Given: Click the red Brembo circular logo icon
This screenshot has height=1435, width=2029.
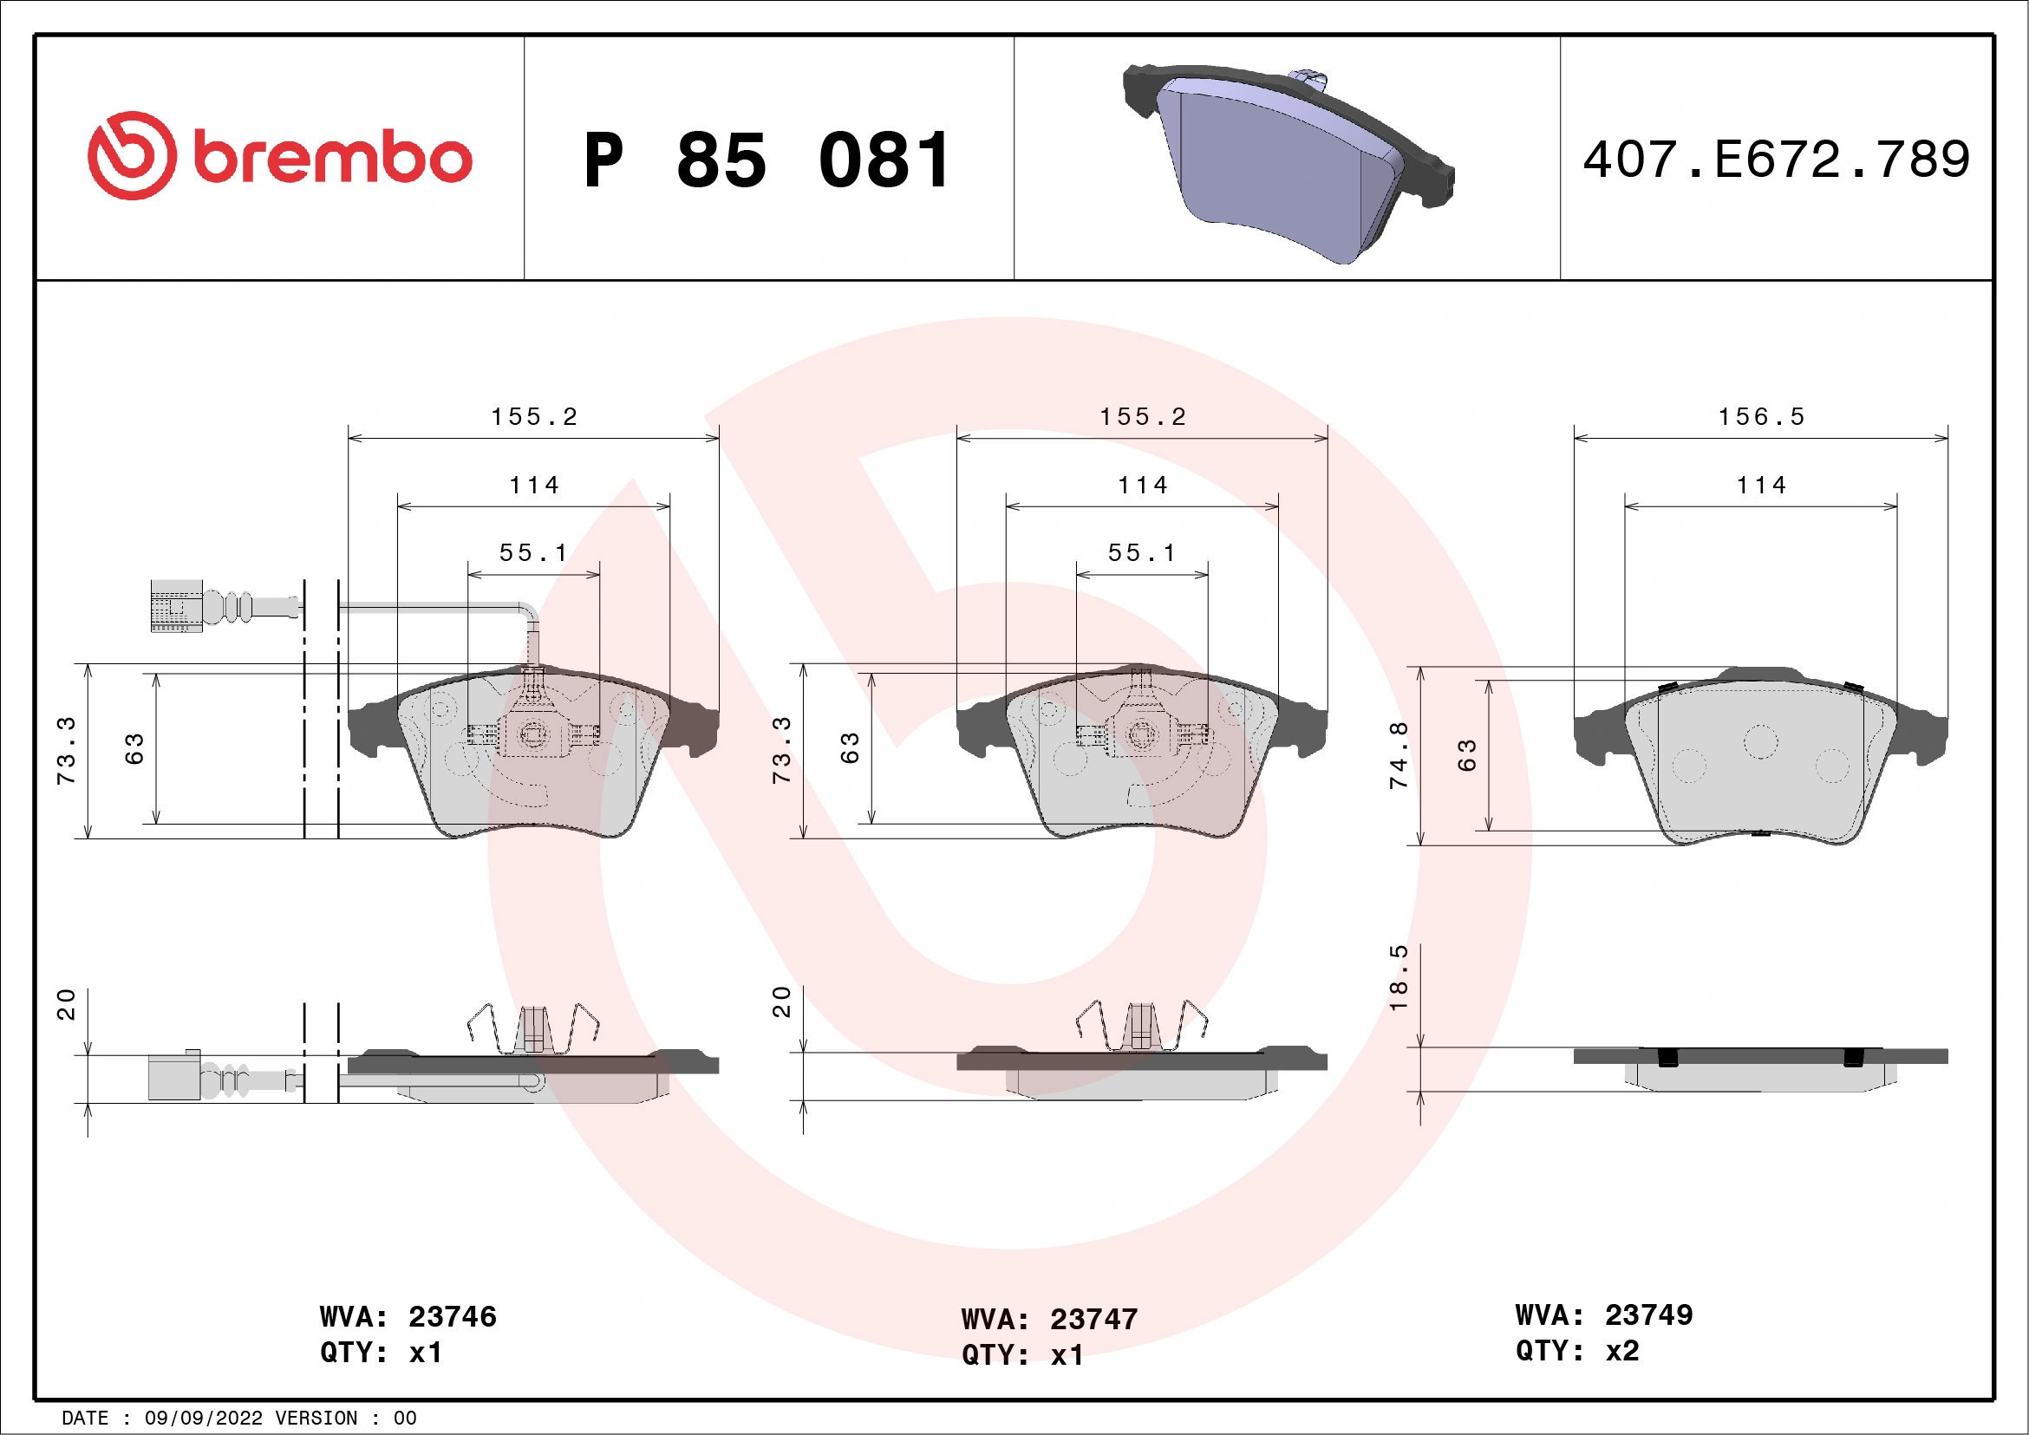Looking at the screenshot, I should point(132,155).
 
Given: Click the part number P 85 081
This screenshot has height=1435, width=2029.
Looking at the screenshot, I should point(767,160).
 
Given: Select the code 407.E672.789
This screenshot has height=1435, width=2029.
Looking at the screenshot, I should point(1777,160).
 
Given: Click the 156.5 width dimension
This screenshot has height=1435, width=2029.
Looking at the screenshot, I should point(1760,417).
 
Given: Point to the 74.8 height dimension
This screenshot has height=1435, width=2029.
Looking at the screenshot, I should point(1398,755).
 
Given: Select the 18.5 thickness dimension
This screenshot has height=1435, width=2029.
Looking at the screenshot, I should point(1398,978).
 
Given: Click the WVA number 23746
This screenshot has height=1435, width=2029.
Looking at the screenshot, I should point(452,1317).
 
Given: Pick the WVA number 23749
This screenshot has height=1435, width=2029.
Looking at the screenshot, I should point(1648,1315).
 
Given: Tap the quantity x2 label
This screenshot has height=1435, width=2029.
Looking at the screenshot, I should point(1621,1351).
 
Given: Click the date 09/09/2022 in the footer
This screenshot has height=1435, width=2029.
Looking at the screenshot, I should point(203,1419).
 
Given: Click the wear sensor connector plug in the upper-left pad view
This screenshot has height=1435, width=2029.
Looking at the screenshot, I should point(176,606).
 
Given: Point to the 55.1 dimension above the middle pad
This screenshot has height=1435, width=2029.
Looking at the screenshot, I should point(1142,553).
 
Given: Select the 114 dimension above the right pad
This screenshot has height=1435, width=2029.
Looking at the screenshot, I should point(1760,485).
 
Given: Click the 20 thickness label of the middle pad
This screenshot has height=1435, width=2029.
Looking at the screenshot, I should point(781,1002).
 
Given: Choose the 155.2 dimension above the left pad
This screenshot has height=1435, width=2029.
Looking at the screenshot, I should point(534,417).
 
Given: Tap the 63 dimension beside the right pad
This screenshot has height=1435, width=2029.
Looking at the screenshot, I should point(1467,755).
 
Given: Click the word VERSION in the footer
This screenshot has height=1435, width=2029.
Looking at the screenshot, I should point(316,1419).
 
